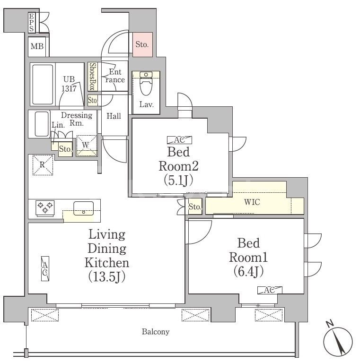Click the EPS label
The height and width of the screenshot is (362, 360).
pos(32,23)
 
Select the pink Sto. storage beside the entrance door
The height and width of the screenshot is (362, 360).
pos(142,45)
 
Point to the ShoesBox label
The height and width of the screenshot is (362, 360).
pos(93,77)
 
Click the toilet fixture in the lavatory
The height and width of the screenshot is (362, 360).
pos(146,85)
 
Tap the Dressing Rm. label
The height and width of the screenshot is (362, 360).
pos(76,119)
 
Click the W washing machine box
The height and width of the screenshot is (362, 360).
pos(87,146)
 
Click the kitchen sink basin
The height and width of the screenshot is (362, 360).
pos(84,207)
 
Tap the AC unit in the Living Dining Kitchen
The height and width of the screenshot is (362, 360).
pos(45,269)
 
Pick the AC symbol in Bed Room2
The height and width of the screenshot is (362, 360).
pos(179,139)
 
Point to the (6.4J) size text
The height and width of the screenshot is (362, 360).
pos(248,271)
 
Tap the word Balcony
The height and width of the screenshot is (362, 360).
pos(156,332)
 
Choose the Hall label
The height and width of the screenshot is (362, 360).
pos(114,116)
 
